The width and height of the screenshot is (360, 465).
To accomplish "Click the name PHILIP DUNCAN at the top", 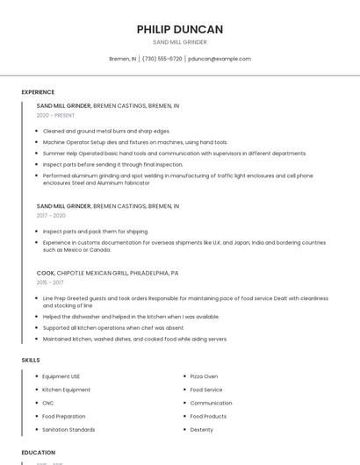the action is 179,29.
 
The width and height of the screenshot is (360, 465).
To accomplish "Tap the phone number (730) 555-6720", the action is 162,59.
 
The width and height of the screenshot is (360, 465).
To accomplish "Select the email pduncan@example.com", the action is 220,59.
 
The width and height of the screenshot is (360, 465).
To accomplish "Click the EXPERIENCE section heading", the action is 38,92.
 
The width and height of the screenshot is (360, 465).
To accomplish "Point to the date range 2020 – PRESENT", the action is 55,115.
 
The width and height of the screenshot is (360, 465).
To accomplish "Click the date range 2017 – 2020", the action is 51,216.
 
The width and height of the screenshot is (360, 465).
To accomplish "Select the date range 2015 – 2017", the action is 50,283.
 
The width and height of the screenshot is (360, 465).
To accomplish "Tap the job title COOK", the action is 46,273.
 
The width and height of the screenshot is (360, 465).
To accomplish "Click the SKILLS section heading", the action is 31,360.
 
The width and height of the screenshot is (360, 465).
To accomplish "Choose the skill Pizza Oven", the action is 204,376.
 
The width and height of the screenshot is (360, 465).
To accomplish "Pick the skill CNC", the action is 48,403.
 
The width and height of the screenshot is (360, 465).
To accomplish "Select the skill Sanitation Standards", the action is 68,430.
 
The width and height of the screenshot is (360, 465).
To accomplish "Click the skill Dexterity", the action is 202,430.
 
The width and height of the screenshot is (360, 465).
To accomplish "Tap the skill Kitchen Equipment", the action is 66,390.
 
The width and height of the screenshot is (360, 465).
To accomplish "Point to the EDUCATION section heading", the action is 38,453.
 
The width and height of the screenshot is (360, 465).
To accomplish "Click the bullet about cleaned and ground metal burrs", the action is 106,131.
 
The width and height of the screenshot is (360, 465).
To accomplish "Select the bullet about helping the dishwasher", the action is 131,317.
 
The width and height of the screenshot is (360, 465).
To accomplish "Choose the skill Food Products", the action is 208,416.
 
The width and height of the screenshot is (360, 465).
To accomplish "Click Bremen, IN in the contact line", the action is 122,59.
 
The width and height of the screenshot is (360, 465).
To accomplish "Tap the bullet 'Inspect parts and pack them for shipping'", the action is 96,232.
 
